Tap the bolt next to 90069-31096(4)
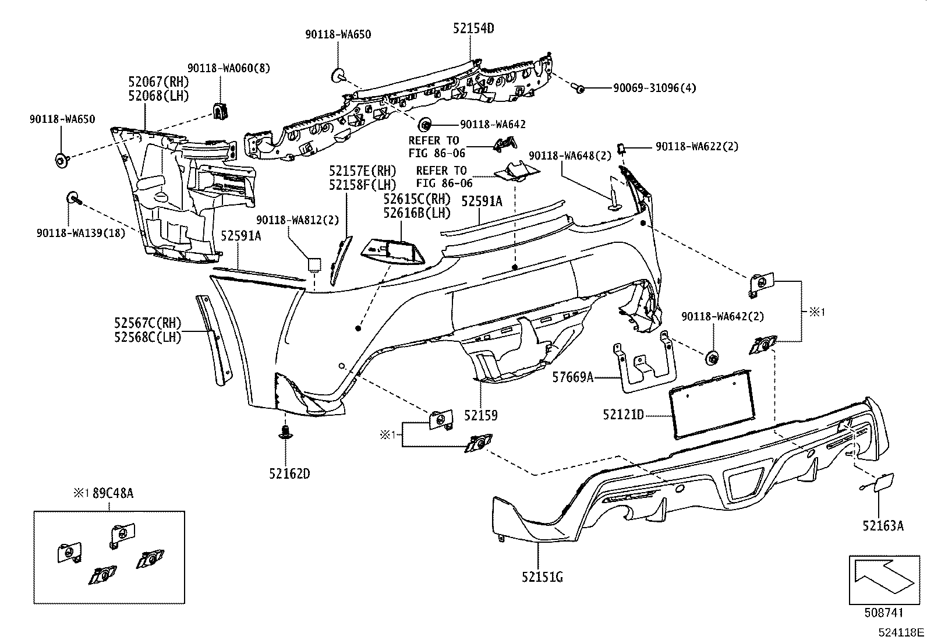(x=579, y=88)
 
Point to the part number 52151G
(x=542, y=577)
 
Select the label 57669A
(x=572, y=378)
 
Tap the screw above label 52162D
(x=285, y=432)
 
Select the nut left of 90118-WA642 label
(x=425, y=124)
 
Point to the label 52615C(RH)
(x=417, y=199)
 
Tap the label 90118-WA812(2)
(x=297, y=220)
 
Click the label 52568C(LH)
(x=147, y=337)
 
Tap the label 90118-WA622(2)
(x=696, y=147)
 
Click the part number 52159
(x=480, y=416)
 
